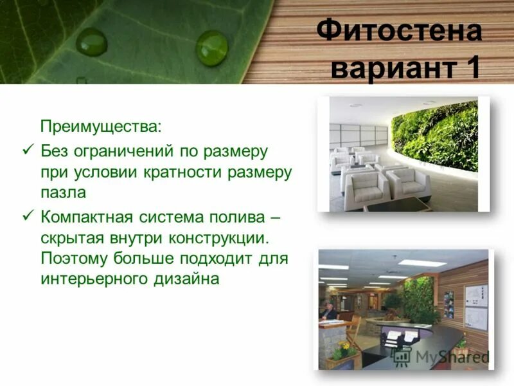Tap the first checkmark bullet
click(27, 150)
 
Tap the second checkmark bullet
click(27, 216)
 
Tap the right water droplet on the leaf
click(211, 48)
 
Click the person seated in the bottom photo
click(328, 311)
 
